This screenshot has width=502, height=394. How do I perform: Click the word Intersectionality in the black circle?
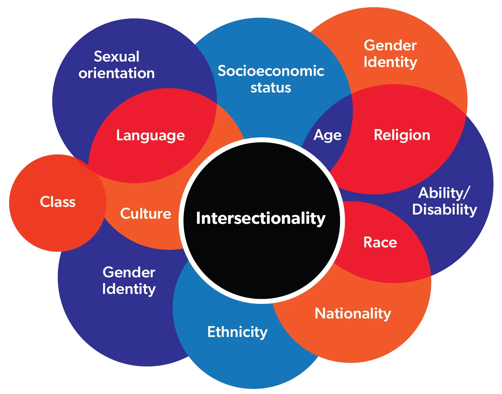pos(261,218)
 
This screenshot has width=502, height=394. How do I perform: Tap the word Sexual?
pos(117,57)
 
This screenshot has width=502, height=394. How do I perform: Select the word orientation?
pos(117,73)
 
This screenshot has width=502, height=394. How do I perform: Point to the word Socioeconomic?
pos(271,71)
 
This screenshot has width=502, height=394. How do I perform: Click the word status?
pos(271,88)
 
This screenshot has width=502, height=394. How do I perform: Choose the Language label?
pos(150,135)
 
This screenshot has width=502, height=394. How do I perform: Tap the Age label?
pos(327,135)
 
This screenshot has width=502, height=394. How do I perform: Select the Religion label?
pos(402,135)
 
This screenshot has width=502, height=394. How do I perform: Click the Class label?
pos(58,202)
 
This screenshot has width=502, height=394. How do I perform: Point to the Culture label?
pos(146,214)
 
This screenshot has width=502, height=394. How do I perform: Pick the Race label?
pos(380,243)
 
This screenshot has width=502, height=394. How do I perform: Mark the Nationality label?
pos(353,313)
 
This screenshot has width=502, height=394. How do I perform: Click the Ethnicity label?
pos(237,332)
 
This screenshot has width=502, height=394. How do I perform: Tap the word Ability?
pos(441,193)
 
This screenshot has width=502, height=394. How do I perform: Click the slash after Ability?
pos(467,193)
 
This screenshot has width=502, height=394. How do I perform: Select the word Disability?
pos(445,209)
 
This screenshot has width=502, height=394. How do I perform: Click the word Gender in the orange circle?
pos(390,45)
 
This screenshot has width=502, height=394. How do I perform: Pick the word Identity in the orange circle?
pos(390,62)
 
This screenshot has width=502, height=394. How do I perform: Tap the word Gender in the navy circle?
pos(129,272)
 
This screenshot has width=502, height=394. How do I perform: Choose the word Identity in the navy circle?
pos(129,289)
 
